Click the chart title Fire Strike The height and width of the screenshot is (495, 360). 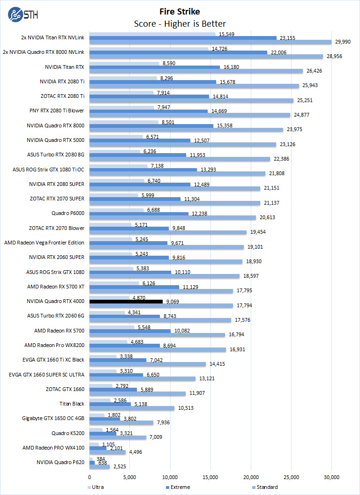[x=180, y=11]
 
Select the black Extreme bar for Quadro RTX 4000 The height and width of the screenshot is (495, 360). [x=126, y=302]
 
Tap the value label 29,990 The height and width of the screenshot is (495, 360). [x=344, y=42]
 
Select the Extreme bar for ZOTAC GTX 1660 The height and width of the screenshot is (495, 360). [x=113, y=390]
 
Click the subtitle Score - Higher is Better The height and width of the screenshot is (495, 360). [x=180, y=23]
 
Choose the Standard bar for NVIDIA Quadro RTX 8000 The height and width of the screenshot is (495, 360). [x=186, y=130]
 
